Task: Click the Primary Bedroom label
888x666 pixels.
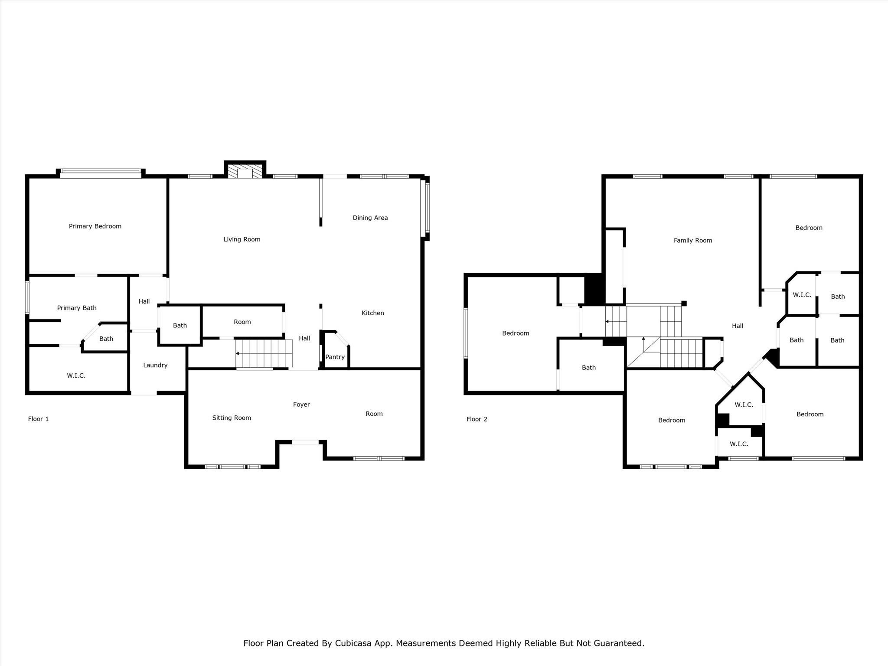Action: click(x=95, y=226)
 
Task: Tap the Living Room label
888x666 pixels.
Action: click(x=242, y=239)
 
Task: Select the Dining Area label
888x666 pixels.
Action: click(x=370, y=218)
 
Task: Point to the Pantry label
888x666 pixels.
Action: click(x=335, y=357)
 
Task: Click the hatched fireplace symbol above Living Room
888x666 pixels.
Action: click(x=245, y=171)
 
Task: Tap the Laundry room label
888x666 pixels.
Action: click(x=155, y=365)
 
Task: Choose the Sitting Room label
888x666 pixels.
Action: click(x=232, y=418)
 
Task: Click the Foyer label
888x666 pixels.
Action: click(x=301, y=405)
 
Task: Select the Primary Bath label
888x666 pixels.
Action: click(x=77, y=308)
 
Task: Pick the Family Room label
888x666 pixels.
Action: click(x=693, y=241)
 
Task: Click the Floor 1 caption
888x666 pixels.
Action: click(x=39, y=419)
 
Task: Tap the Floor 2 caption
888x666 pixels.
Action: click(x=477, y=419)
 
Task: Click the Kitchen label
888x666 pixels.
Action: click(x=373, y=313)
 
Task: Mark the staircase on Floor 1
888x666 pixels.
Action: click(x=264, y=353)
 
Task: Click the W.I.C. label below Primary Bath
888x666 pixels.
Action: click(x=76, y=375)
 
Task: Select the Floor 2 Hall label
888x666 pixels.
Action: click(x=738, y=326)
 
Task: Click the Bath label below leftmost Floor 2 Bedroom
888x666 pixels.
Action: click(x=589, y=368)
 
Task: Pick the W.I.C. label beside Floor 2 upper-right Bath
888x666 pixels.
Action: click(x=802, y=295)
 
